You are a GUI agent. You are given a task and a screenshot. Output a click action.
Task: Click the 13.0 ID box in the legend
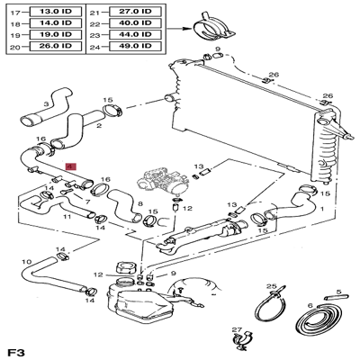(56, 12)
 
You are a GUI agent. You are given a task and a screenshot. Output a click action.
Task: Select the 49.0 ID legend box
(135, 46)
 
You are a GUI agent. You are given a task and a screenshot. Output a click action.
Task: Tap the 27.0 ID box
(135, 12)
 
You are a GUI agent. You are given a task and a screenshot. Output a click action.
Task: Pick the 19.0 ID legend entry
(56, 34)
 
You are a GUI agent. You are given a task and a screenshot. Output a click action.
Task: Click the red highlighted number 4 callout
(72, 166)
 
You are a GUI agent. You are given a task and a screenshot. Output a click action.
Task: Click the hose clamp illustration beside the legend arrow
(212, 28)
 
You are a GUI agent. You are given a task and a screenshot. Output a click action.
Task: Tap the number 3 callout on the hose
(46, 104)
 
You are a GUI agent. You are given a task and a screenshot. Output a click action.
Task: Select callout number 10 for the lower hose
(27, 262)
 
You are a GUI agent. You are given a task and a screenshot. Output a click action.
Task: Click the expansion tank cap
(124, 267)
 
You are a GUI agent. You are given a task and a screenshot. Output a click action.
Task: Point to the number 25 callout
(272, 286)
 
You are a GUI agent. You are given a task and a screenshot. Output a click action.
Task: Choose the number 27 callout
(237, 329)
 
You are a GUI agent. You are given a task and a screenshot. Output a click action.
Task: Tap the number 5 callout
(338, 292)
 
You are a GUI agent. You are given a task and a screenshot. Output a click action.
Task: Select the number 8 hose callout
(140, 204)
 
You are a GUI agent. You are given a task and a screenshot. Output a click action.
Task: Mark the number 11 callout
(67, 216)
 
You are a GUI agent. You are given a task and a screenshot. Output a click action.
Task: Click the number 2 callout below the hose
(99, 126)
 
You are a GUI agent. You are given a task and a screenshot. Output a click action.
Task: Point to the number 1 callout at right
(322, 208)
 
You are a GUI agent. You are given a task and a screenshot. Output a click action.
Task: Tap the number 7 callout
(87, 202)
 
